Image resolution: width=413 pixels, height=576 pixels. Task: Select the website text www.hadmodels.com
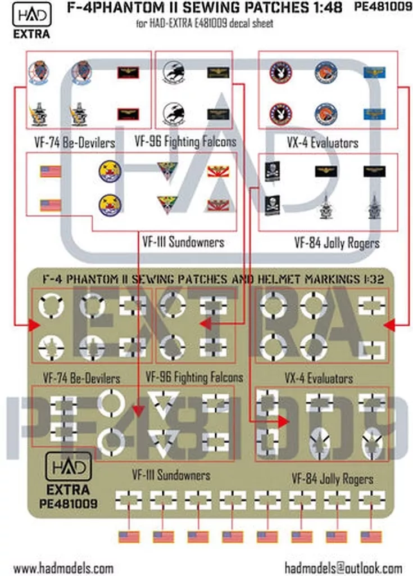point(63,568)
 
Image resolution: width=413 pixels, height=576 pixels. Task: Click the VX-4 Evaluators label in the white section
point(322,142)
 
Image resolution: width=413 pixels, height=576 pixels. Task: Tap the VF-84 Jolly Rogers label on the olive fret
point(332,479)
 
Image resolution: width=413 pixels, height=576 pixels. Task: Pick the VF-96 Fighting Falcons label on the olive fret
point(194,376)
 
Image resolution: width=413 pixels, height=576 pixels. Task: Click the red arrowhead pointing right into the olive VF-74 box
point(33,325)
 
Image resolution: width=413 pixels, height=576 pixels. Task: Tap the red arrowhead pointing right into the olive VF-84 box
point(283,421)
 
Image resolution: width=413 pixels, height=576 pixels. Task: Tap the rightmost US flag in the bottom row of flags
point(371,537)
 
